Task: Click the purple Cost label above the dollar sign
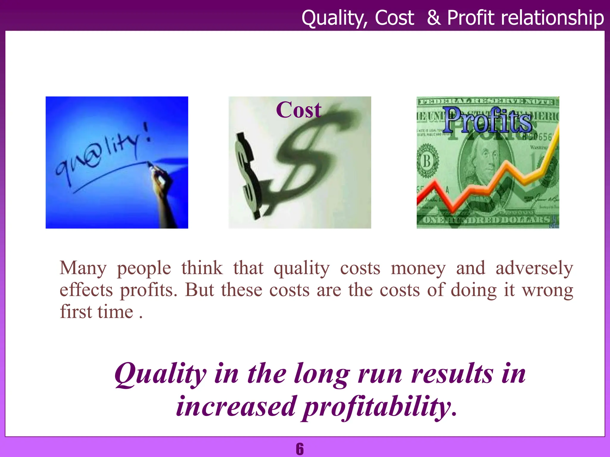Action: (299, 110)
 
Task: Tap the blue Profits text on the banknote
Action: (488, 120)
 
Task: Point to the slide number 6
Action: (300, 449)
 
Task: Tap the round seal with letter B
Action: (427, 162)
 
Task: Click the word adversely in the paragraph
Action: (534, 268)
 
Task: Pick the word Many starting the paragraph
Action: (83, 268)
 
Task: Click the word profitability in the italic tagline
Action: (379, 407)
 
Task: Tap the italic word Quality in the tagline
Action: (160, 374)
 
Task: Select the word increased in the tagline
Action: (236, 407)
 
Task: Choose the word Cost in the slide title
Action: (394, 18)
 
